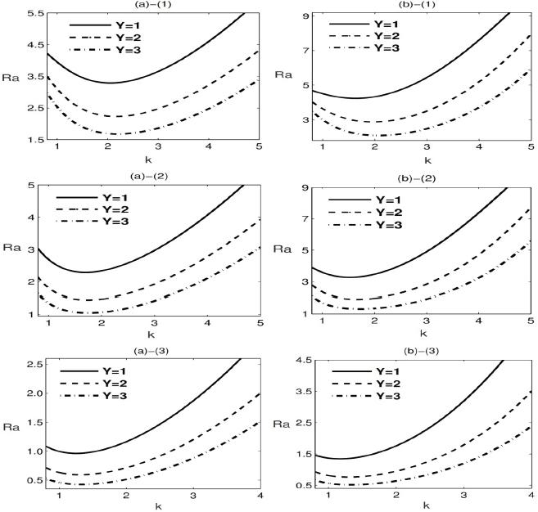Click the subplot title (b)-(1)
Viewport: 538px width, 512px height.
click(422, 5)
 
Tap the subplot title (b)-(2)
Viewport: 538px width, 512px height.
click(422, 176)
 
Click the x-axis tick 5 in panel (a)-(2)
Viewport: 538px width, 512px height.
click(266, 325)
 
